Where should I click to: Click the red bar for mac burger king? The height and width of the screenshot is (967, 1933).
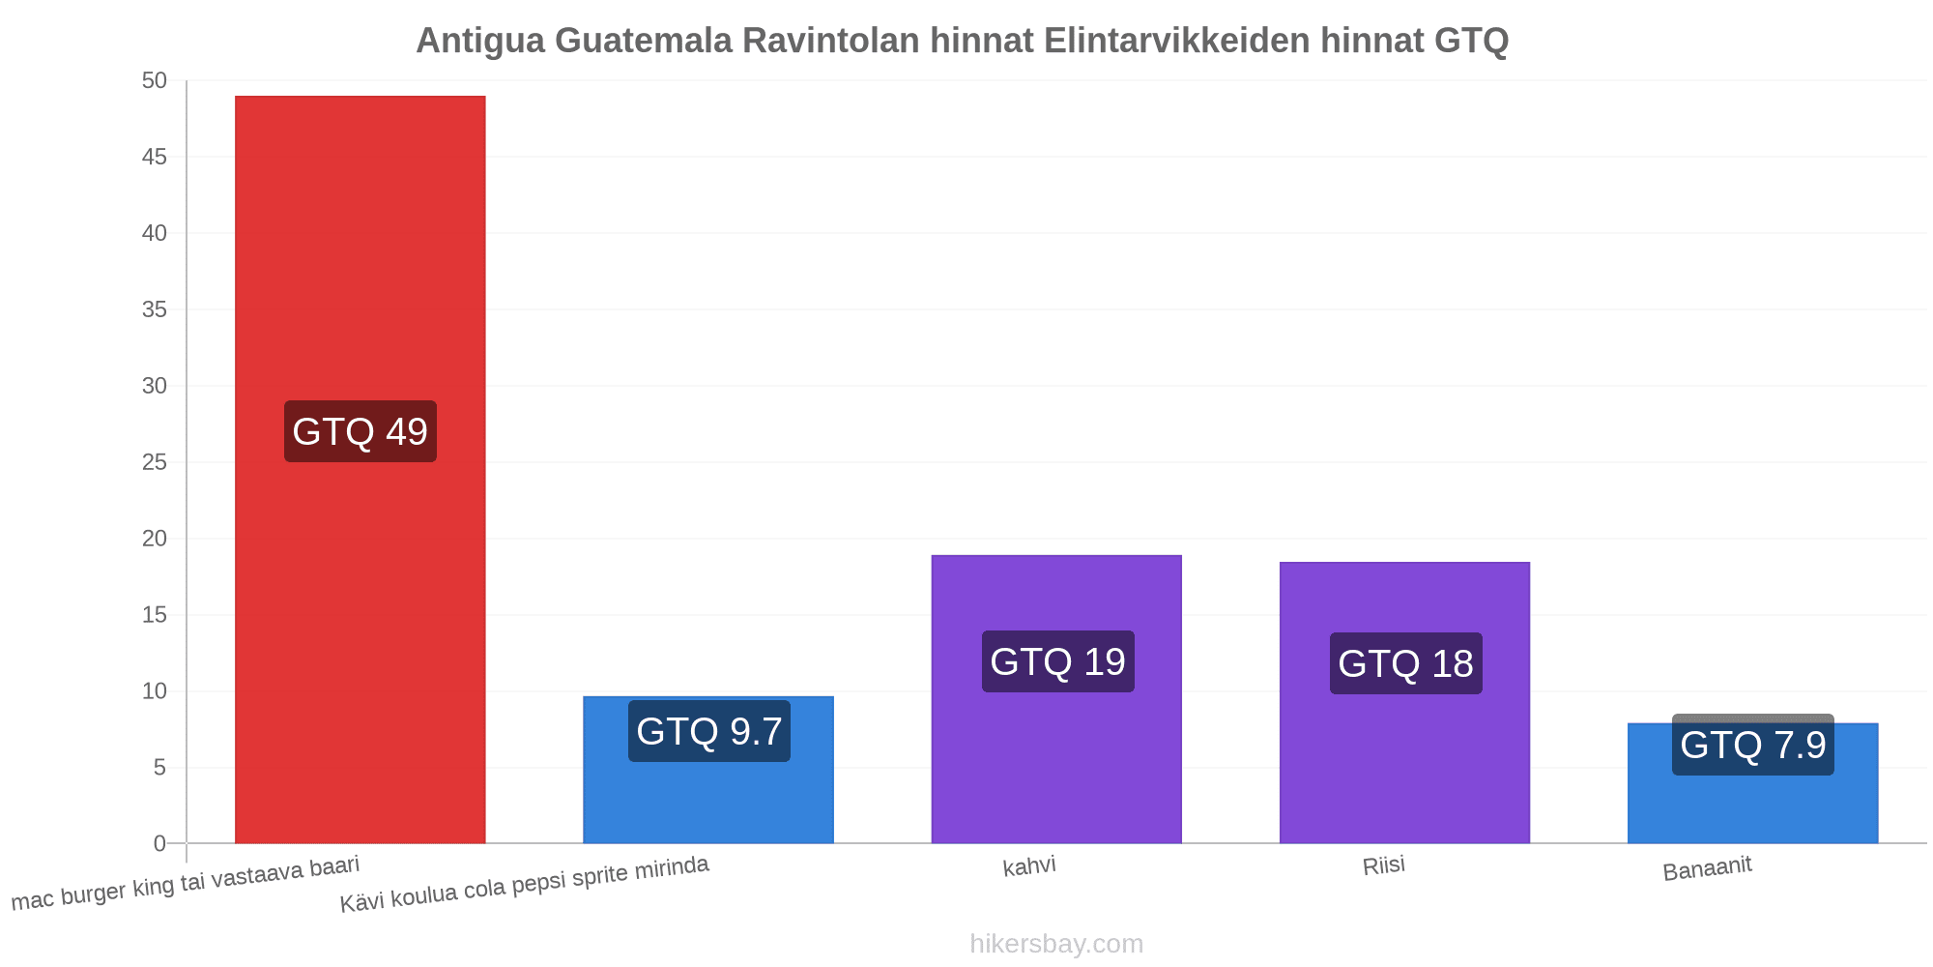[361, 470]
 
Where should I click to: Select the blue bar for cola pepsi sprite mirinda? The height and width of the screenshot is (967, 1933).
[708, 770]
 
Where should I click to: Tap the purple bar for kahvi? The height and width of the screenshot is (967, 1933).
[1056, 699]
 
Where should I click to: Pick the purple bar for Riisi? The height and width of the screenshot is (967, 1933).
[1404, 703]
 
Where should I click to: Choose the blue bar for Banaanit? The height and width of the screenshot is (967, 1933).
[1753, 783]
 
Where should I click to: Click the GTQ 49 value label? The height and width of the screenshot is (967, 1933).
[361, 431]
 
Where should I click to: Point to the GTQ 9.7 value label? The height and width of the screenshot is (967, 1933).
[709, 731]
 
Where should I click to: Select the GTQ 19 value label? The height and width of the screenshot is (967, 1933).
[1058, 661]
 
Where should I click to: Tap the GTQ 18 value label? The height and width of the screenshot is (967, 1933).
[1406, 663]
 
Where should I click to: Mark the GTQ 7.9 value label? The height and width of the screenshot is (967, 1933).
[1753, 745]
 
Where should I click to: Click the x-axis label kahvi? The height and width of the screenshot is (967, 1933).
[1029, 866]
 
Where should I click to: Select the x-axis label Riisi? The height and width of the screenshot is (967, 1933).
[1384, 865]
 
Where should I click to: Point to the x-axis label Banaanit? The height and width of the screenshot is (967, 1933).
[1707, 868]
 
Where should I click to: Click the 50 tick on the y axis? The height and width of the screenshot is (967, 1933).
[155, 81]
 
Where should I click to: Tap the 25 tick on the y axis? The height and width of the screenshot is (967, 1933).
[155, 462]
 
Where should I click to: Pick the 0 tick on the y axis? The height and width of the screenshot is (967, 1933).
[160, 844]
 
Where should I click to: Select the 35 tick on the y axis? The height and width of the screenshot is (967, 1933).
[155, 309]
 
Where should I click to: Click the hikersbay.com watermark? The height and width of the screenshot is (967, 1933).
[1056, 944]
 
